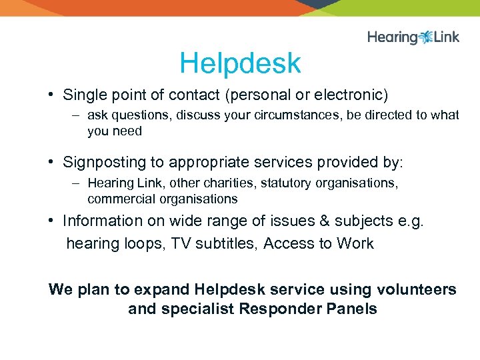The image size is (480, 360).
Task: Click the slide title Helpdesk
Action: coord(240,64)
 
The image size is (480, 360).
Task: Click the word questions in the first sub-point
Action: coord(140,115)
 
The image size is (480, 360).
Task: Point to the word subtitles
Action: coord(225,243)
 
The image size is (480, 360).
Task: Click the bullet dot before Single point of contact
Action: coord(51,95)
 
